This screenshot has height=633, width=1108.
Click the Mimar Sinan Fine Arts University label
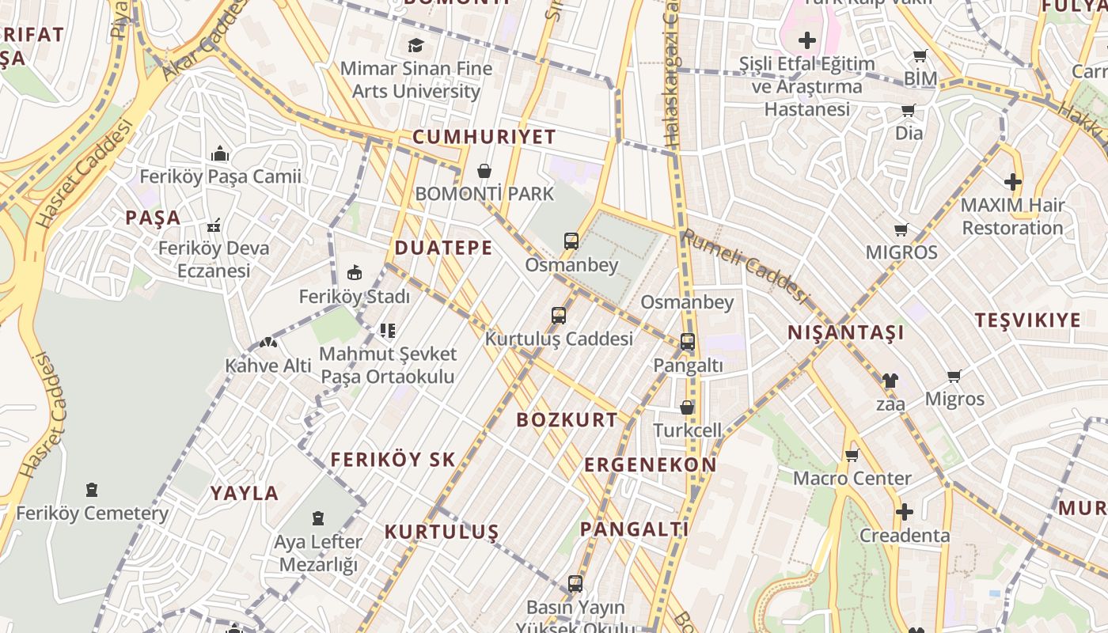coord(416,80)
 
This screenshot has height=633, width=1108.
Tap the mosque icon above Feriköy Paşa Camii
coord(220,154)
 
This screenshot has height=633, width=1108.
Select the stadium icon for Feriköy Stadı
coord(355,273)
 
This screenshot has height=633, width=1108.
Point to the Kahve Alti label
coord(268,366)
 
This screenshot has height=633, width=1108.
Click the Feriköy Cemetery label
coord(93,514)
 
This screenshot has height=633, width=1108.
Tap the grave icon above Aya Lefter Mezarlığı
coord(318,518)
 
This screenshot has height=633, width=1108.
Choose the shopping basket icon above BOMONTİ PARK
coord(484,171)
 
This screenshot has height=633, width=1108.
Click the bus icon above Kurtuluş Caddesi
coord(559,316)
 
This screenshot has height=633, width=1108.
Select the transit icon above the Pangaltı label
coord(687,342)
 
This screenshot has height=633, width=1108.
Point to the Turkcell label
coord(687,430)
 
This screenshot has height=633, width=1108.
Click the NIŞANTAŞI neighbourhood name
coord(845,333)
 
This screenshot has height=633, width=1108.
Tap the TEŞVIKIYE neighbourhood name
coord(1027,320)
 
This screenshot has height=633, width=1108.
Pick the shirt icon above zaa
coord(890,381)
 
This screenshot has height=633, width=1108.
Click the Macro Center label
coord(852,478)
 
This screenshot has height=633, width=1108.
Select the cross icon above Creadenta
coord(904,512)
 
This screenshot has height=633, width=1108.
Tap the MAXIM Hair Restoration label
coord(1012,216)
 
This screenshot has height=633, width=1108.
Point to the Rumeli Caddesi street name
coord(746,267)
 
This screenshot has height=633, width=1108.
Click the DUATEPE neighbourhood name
coord(443,248)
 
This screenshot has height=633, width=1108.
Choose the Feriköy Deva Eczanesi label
coord(214,259)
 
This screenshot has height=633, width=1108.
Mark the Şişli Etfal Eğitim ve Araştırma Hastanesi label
coord(806,86)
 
